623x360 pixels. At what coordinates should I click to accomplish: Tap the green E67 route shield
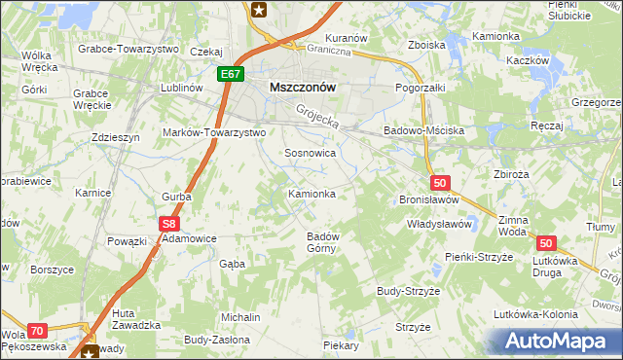coord(231,74)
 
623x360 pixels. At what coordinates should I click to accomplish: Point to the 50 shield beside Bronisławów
coord(440,182)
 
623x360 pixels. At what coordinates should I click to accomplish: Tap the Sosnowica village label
coord(310,154)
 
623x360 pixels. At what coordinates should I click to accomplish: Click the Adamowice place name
coord(189,238)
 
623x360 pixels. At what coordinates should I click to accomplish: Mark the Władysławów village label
coord(438,224)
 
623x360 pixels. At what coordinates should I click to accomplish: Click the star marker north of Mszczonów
coord(259,11)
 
